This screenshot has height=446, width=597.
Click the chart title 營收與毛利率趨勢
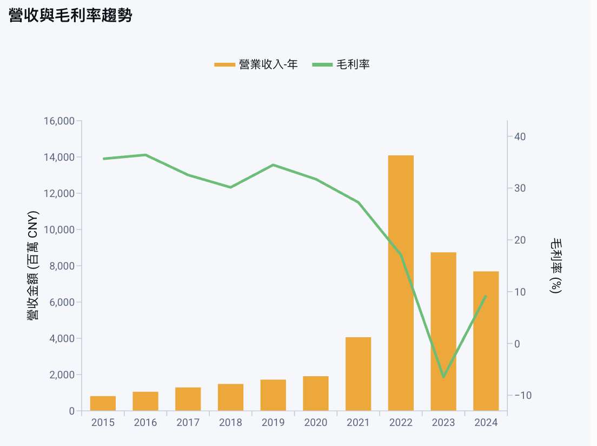(x=71, y=15)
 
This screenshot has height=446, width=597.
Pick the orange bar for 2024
(x=486, y=341)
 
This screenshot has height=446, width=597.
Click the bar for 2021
(x=358, y=374)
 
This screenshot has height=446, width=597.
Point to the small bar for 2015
(x=103, y=403)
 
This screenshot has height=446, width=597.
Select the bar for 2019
(x=273, y=395)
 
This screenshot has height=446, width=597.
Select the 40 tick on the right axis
(x=520, y=136)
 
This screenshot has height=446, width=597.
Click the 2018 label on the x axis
(x=230, y=423)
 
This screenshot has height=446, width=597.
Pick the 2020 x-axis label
(x=316, y=423)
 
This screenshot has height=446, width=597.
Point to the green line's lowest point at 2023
(x=443, y=377)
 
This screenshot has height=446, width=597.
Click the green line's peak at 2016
(x=145, y=155)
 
